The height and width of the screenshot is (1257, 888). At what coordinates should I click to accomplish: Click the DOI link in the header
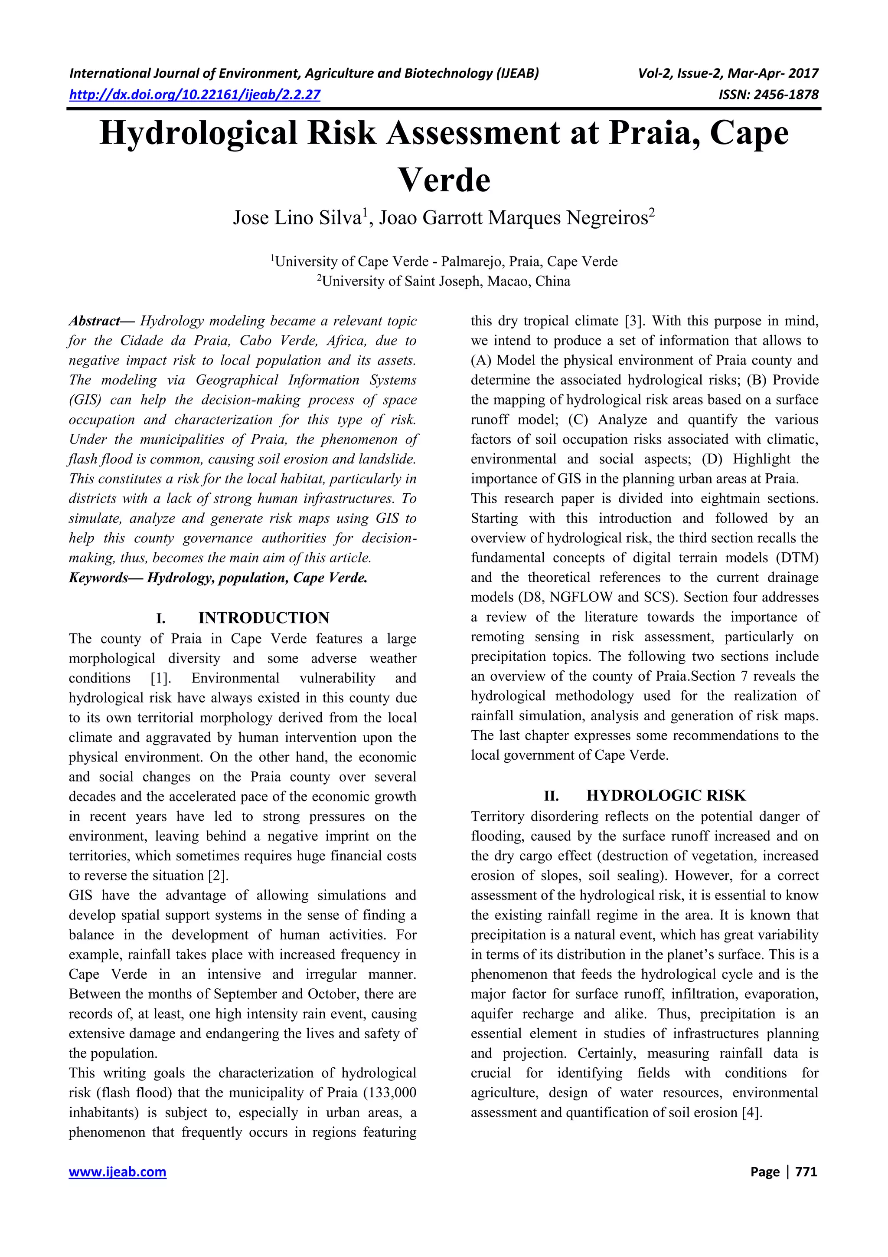point(194,95)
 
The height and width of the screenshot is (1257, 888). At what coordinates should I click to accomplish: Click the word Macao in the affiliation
point(509,282)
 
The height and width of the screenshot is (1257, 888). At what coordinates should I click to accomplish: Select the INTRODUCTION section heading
point(263,618)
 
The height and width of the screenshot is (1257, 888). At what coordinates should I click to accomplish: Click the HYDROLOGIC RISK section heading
point(666,795)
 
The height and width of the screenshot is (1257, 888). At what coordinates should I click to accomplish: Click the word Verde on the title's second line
point(444,181)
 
